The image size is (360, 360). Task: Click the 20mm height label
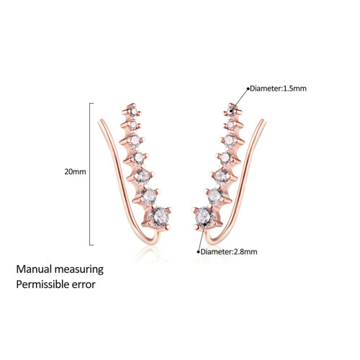[75, 172]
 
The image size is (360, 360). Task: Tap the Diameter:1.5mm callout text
[278, 89]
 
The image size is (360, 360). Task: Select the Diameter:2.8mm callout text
[229, 252]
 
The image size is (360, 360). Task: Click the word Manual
[34, 269]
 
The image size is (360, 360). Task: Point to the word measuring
[78, 270]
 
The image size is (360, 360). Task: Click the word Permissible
[42, 284]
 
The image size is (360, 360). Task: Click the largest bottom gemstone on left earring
[160, 217]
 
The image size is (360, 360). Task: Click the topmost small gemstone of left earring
[132, 111]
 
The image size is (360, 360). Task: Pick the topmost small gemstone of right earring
[231, 111]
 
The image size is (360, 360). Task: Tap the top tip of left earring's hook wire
[100, 121]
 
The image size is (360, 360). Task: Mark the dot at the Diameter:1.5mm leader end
[248, 89]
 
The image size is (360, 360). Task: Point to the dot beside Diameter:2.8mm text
[199, 252]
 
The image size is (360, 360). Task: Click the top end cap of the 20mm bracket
[91, 103]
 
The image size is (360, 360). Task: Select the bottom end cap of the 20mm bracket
[91, 245]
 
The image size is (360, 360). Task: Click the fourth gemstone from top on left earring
[138, 158]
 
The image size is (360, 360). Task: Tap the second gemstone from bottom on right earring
[214, 196]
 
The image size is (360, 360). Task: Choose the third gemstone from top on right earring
[229, 140]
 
